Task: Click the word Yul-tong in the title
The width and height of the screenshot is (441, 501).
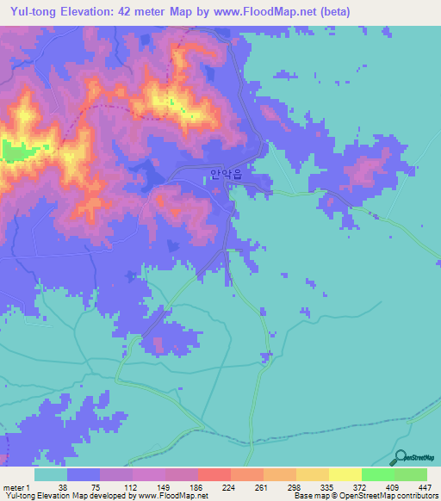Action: [34, 12]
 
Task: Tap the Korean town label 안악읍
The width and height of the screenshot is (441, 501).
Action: [227, 174]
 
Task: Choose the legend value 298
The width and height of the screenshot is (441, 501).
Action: [295, 487]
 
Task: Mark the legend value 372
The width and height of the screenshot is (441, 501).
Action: [361, 487]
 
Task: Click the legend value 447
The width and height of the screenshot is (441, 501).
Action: [424, 487]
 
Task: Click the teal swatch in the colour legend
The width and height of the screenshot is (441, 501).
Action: [50, 474]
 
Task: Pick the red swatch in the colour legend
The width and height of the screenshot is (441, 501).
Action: [214, 474]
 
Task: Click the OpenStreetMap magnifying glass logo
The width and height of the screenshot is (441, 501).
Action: [400, 458]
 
